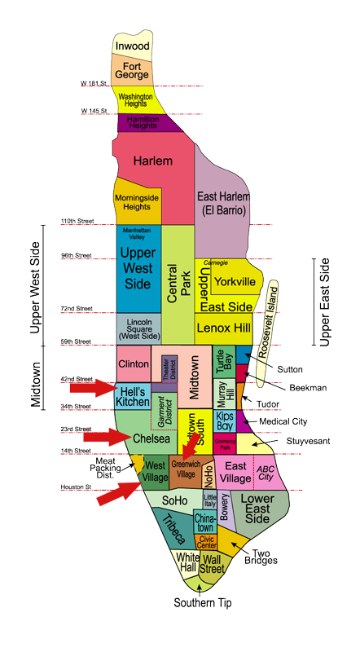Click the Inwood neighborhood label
[132, 46]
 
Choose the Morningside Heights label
[137, 202]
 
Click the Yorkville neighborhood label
[235, 282]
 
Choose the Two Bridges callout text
[261, 556]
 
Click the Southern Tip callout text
[200, 603]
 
